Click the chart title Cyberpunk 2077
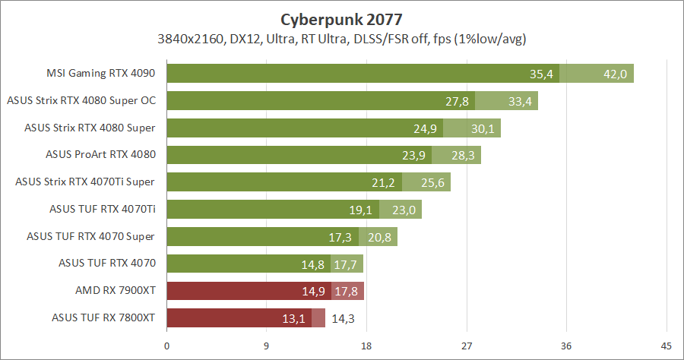tap(341, 18)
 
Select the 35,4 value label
tap(541, 74)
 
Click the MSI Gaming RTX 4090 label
tap(101, 74)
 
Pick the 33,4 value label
tap(519, 101)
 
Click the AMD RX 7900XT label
tap(116, 290)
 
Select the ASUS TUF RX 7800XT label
tap(103, 317)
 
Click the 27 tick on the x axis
tap(467, 346)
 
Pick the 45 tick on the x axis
tap(667, 346)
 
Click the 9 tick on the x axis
tap(267, 346)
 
